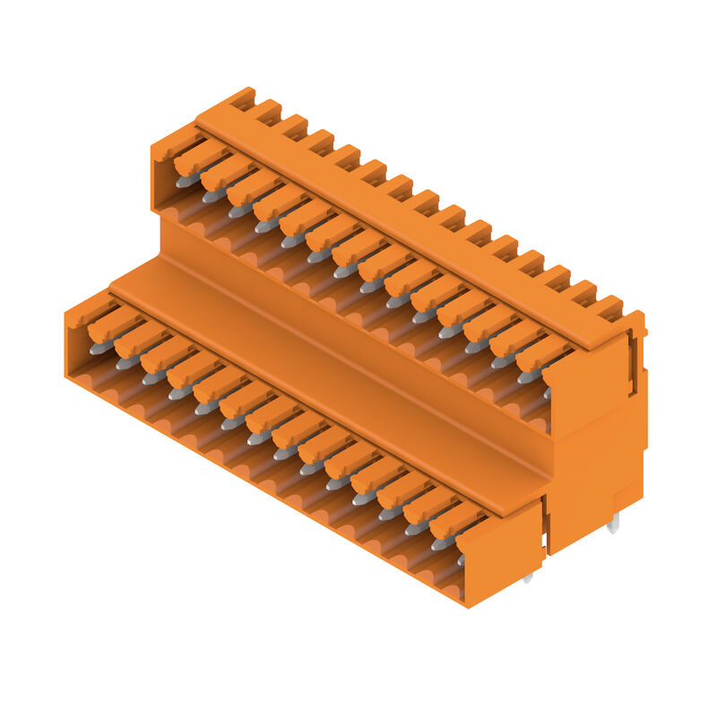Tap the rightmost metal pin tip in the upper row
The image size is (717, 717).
coord(547,393)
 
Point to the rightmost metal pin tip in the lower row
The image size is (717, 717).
coord(461,559)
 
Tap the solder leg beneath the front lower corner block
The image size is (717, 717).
coord(527,576)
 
